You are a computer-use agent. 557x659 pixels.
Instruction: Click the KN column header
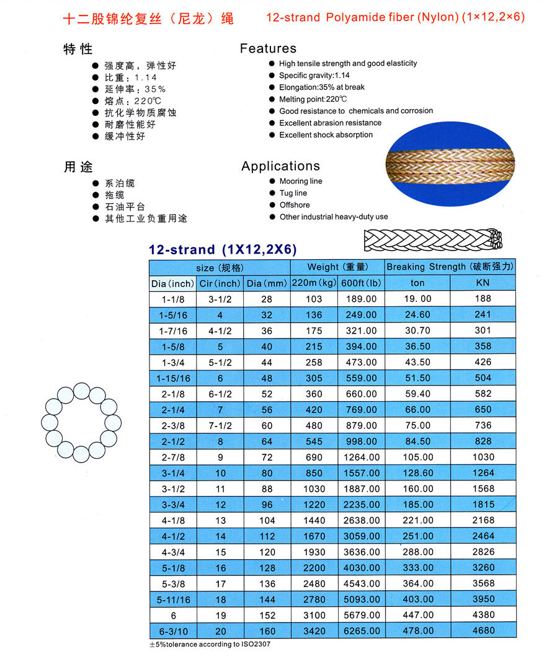pyautogui.click(x=483, y=283)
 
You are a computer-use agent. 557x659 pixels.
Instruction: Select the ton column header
pyautogui.click(x=417, y=283)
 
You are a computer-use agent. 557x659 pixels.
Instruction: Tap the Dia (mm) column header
pyautogui.click(x=266, y=283)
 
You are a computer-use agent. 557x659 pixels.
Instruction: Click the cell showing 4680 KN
pyautogui.click(x=483, y=630)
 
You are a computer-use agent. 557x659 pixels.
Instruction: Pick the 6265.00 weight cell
pyautogui.click(x=361, y=630)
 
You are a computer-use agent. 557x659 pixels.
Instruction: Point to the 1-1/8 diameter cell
pyautogui.click(x=173, y=299)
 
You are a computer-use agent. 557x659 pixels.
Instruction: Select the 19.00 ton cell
pyautogui.click(x=417, y=299)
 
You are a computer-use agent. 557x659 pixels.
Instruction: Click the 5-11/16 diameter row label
pyautogui.click(x=173, y=599)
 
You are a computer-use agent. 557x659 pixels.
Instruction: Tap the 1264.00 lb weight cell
pyautogui.click(x=361, y=457)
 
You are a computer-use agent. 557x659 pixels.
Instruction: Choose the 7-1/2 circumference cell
pyautogui.click(x=220, y=425)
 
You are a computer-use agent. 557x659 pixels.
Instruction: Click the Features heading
pyautogui.click(x=268, y=48)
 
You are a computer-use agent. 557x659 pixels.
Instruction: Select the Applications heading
pyautogui.click(x=280, y=166)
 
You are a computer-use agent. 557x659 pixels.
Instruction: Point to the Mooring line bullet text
pyautogui.click(x=301, y=181)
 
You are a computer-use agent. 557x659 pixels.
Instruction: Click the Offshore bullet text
pyautogui.click(x=295, y=205)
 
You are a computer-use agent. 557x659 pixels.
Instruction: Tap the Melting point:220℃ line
pyautogui.click(x=313, y=99)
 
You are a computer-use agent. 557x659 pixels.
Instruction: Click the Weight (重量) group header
pyautogui.click(x=337, y=267)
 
